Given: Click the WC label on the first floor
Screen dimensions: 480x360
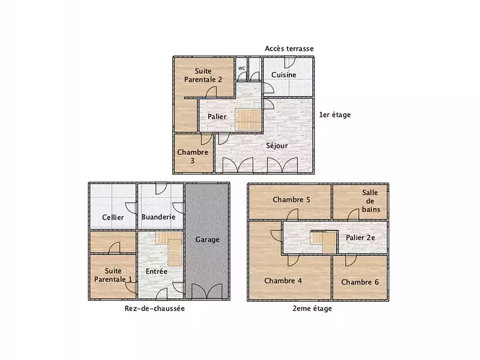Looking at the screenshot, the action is (242, 68).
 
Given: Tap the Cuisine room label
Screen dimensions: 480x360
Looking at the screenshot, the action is (284, 74).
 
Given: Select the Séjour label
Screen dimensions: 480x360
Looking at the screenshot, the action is (277, 145).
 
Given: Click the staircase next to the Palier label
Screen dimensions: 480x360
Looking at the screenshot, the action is (248, 119).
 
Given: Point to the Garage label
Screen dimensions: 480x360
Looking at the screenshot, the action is (207, 239).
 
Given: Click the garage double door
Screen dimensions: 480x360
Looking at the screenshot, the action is (207, 291).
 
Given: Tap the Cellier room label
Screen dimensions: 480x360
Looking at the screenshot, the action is (113, 217).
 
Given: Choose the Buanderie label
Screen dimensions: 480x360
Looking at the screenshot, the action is (158, 217).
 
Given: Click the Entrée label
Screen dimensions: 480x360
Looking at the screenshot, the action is (157, 271).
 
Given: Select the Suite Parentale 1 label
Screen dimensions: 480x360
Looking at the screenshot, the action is (113, 275).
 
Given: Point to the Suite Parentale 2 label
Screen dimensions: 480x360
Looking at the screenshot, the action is (203, 76).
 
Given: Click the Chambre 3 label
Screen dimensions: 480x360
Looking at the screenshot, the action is (193, 157).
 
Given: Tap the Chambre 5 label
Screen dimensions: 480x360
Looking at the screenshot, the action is (292, 200).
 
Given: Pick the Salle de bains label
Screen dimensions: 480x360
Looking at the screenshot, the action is (371, 201).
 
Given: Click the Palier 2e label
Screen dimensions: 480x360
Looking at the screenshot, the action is (361, 238).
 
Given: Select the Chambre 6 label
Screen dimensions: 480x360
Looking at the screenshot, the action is (360, 282).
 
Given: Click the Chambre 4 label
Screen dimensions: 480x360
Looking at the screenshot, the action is (283, 281).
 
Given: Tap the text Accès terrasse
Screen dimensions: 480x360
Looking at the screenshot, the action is (289, 49).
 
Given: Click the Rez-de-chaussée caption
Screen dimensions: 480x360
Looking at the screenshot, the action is (155, 308).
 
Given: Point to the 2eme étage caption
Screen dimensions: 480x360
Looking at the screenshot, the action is (312, 308).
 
